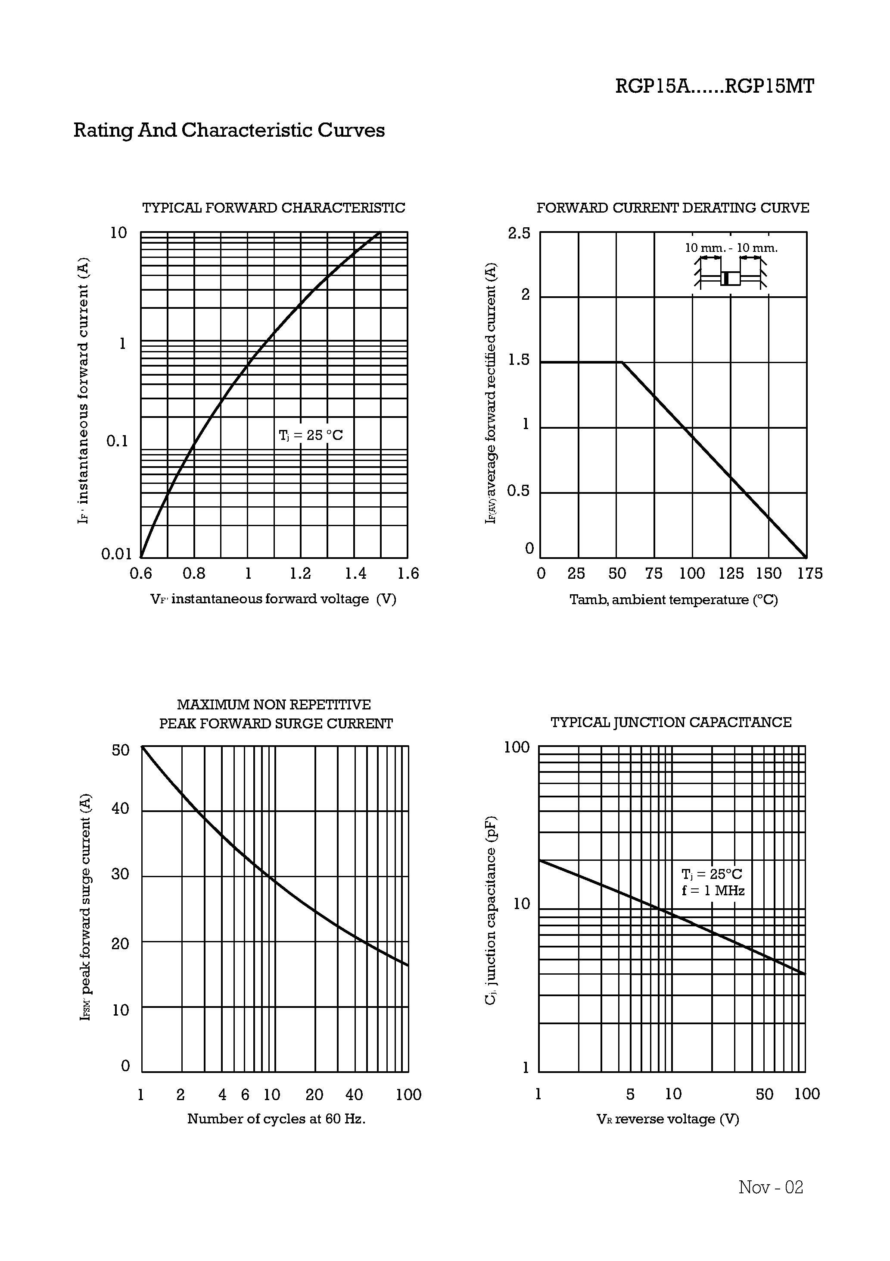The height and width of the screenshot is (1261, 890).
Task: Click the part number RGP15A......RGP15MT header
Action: (x=714, y=87)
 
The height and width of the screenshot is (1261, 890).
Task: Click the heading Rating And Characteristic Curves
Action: (x=229, y=131)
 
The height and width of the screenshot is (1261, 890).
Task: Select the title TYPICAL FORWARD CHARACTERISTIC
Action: (x=273, y=208)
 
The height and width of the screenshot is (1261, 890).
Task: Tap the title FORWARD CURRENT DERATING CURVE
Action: (x=672, y=208)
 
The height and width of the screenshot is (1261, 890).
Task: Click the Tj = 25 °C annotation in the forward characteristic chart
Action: (x=311, y=435)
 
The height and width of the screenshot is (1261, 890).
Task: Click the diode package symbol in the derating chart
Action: (x=730, y=279)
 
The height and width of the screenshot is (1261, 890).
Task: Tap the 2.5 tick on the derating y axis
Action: (x=519, y=233)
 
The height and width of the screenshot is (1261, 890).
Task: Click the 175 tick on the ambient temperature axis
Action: (x=810, y=574)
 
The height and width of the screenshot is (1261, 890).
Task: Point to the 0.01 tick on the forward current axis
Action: (x=117, y=554)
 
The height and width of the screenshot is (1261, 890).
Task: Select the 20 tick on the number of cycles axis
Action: (x=314, y=1095)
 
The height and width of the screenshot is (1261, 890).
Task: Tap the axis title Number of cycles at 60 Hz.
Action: (x=276, y=1119)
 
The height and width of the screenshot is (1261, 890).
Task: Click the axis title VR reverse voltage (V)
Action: (x=668, y=1119)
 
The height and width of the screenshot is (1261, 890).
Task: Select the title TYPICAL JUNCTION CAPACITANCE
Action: (x=671, y=722)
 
